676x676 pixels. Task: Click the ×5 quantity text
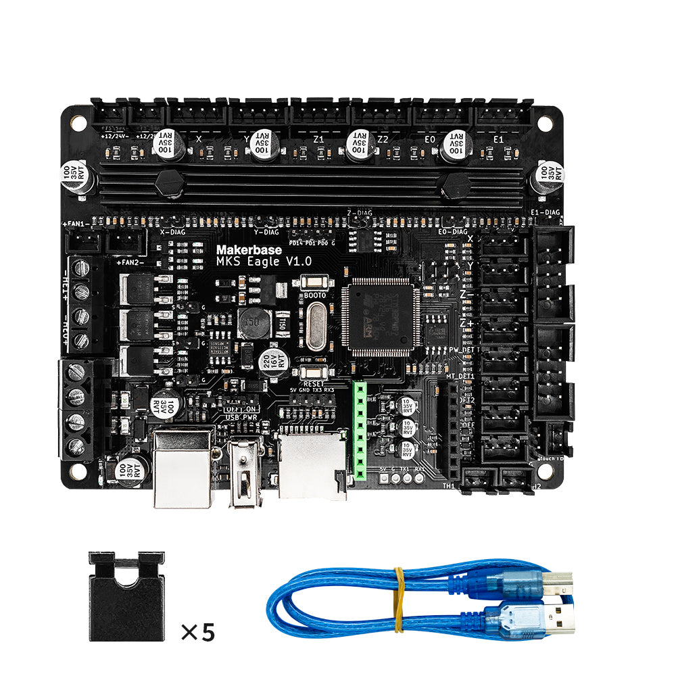(197, 632)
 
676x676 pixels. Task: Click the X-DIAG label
(173, 232)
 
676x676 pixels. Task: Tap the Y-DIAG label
(266, 232)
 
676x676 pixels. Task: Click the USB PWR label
(242, 418)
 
